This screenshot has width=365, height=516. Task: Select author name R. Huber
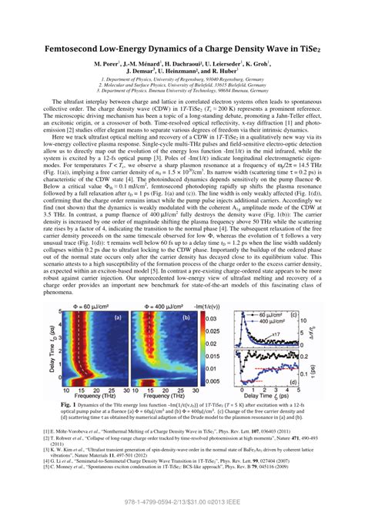(243, 71)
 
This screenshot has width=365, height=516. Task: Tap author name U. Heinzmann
(193, 71)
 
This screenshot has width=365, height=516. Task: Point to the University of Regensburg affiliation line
(182, 79)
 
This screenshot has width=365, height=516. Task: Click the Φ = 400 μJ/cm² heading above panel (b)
(163, 307)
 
